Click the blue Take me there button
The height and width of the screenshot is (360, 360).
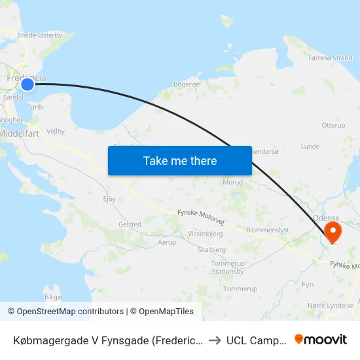(180, 160)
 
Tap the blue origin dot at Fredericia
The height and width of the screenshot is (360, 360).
(27, 84)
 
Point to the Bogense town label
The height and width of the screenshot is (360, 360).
(186, 84)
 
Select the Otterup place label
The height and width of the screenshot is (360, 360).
(333, 125)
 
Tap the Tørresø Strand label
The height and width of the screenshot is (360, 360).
(330, 58)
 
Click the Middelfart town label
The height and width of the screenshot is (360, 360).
(22, 132)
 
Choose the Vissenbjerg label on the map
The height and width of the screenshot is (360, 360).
(206, 233)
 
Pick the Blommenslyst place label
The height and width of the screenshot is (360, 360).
(267, 230)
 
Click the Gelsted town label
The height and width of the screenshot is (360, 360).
(130, 224)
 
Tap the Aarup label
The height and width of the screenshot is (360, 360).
(167, 242)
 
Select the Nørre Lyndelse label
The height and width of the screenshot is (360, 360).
(331, 305)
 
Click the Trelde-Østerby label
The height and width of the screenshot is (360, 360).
(40, 35)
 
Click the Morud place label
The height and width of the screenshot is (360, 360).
(232, 182)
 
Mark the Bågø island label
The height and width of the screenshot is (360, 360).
(53, 297)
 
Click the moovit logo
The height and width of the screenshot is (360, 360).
(321, 340)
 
